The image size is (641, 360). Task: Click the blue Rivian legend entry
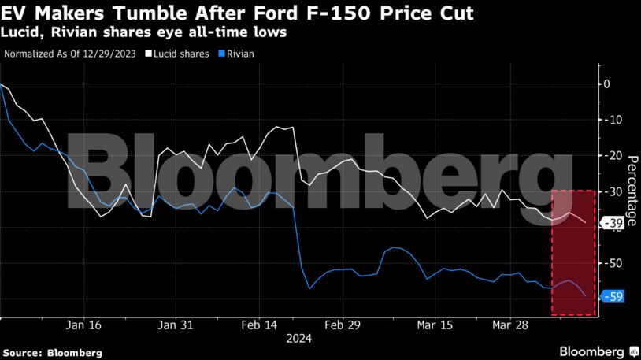pyautogui.click(x=238, y=54)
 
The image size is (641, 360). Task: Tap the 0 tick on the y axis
pyautogui.click(x=606, y=84)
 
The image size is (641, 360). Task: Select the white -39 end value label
pyautogui.click(x=613, y=224)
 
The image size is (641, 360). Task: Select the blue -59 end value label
pyautogui.click(x=613, y=297)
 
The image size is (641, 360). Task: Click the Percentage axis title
pyautogui.click(x=631, y=188)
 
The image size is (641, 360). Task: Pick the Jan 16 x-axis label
pyautogui.click(x=83, y=325)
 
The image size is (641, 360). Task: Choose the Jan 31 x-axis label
pyautogui.click(x=176, y=325)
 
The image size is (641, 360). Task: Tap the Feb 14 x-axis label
pyautogui.click(x=259, y=325)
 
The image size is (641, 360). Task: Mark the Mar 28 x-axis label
pyautogui.click(x=511, y=325)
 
